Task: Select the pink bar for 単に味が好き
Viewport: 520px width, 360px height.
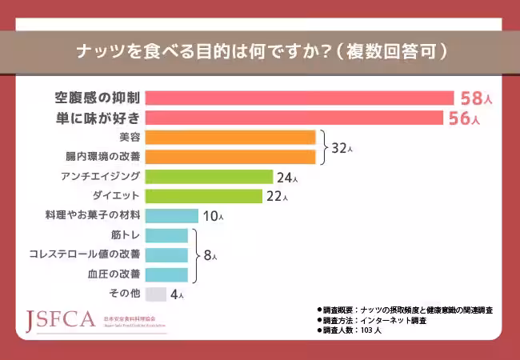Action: tap(295, 118)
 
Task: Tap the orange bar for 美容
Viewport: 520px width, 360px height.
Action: tap(231, 137)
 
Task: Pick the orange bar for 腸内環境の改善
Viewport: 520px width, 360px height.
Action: tap(231, 157)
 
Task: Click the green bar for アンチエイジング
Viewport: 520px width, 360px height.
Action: tap(210, 176)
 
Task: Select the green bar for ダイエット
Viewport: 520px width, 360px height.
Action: tap(205, 196)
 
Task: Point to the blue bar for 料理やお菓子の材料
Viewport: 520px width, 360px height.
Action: tap(172, 215)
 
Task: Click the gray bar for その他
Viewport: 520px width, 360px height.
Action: tap(157, 294)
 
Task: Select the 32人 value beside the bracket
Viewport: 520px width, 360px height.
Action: tap(342, 148)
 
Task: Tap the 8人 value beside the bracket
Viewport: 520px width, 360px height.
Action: tap(210, 256)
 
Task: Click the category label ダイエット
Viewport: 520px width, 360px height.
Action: tap(117, 196)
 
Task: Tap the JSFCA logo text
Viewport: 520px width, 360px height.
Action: tap(62, 320)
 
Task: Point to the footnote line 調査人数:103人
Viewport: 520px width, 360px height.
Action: tap(351, 330)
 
